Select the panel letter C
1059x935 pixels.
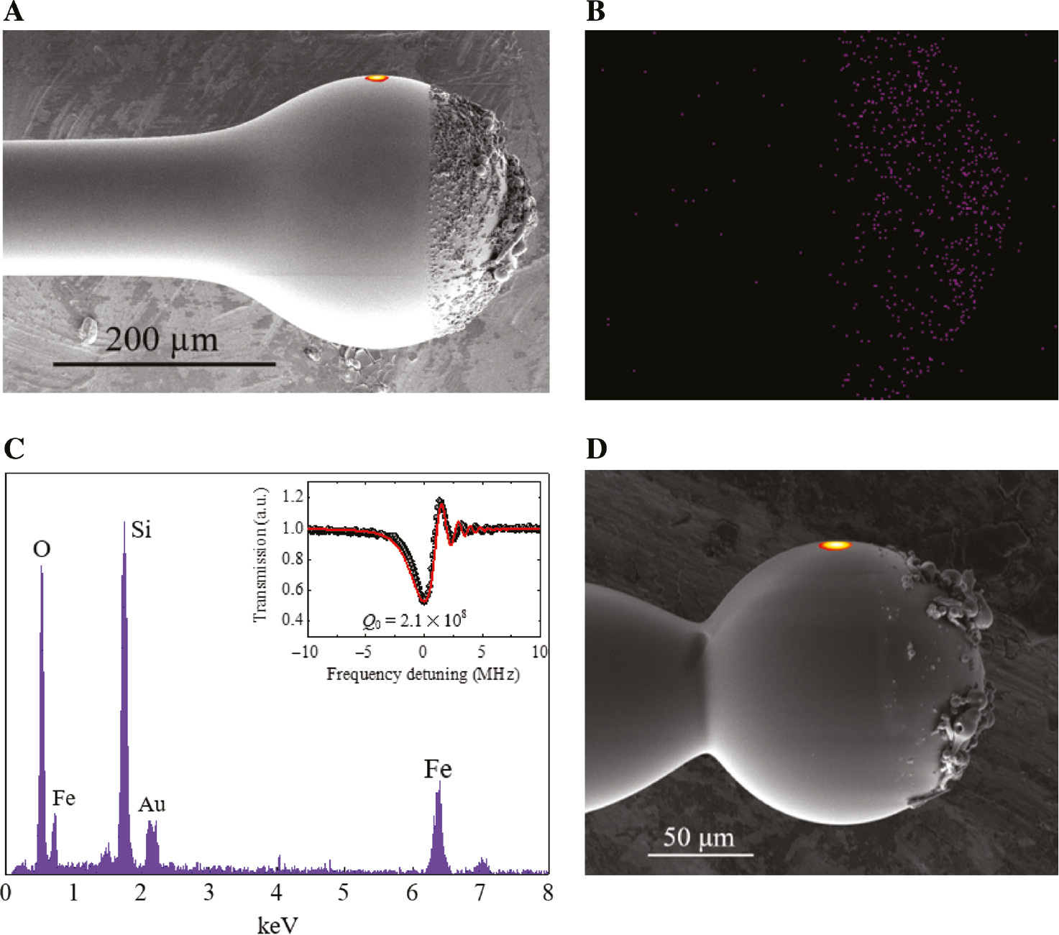coord(14,449)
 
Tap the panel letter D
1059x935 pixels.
coord(596,449)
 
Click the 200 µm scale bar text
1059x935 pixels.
coord(162,339)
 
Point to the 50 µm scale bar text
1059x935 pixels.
coord(698,837)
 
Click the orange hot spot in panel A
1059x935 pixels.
coord(376,78)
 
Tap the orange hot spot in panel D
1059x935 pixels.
coord(835,545)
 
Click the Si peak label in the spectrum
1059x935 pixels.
coord(141,530)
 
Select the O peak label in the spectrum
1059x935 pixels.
coord(42,550)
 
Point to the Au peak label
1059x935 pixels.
coord(152,805)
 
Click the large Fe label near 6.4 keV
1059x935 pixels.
coord(438,770)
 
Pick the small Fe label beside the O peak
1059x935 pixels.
coord(63,798)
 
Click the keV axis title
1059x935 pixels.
coord(278,926)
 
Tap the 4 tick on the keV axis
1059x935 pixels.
coord(277,893)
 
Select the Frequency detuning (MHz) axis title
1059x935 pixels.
coord(423,674)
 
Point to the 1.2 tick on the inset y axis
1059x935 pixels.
coord(293,497)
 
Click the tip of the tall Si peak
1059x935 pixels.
coord(124,522)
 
